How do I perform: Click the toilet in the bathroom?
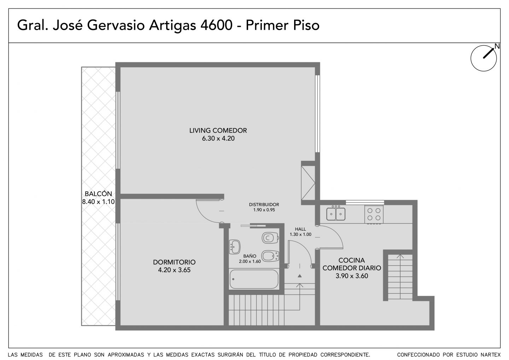click(x=270, y=238)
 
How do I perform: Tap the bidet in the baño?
click(x=270, y=256)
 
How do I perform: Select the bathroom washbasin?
click(x=235, y=247)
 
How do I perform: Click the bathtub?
click(x=254, y=279)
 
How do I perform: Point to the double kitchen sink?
click(x=336, y=214)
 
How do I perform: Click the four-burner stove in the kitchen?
click(x=374, y=214)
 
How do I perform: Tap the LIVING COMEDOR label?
click(x=218, y=130)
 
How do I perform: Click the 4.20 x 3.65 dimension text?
click(x=174, y=270)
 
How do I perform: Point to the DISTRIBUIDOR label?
click(x=264, y=204)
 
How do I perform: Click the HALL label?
click(x=300, y=229)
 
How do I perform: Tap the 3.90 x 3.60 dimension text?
click(x=352, y=276)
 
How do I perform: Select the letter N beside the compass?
click(x=497, y=46)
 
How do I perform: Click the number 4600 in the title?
click(x=216, y=25)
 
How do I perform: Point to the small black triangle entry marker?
click(x=299, y=276)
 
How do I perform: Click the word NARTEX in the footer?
click(x=492, y=355)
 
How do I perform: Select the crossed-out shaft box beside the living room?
click(x=308, y=183)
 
